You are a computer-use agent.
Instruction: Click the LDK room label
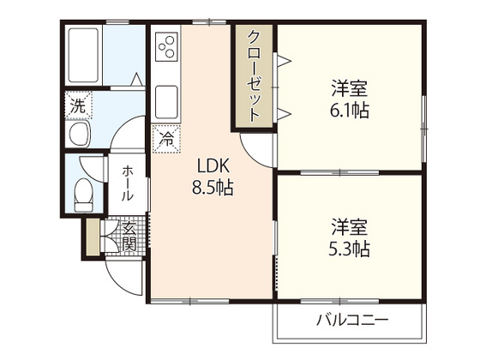(213, 165)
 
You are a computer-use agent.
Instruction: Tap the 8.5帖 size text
(213, 187)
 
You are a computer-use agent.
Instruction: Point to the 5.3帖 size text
(350, 250)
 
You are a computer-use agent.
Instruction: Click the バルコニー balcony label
(351, 320)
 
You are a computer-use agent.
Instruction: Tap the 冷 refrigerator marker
(165, 135)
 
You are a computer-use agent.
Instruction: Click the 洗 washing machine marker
(77, 108)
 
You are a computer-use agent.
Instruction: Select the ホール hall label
(127, 183)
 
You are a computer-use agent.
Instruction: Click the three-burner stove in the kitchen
(166, 48)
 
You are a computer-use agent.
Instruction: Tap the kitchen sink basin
(166, 102)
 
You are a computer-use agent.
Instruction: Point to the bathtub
(84, 55)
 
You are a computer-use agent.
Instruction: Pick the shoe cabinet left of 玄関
(92, 237)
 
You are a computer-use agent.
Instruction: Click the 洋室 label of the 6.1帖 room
(350, 88)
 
